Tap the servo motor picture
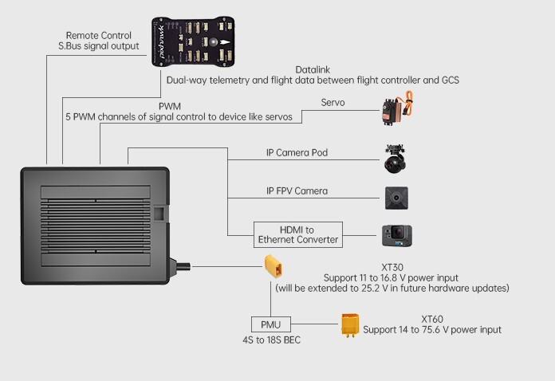[396, 111]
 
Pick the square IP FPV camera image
[396, 198]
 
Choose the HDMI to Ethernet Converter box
[297, 234]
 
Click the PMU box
[271, 324]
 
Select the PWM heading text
[170, 106]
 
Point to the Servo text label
[333, 103]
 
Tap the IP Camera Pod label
[297, 152]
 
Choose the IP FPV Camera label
[297, 191]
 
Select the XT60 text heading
[432, 318]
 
